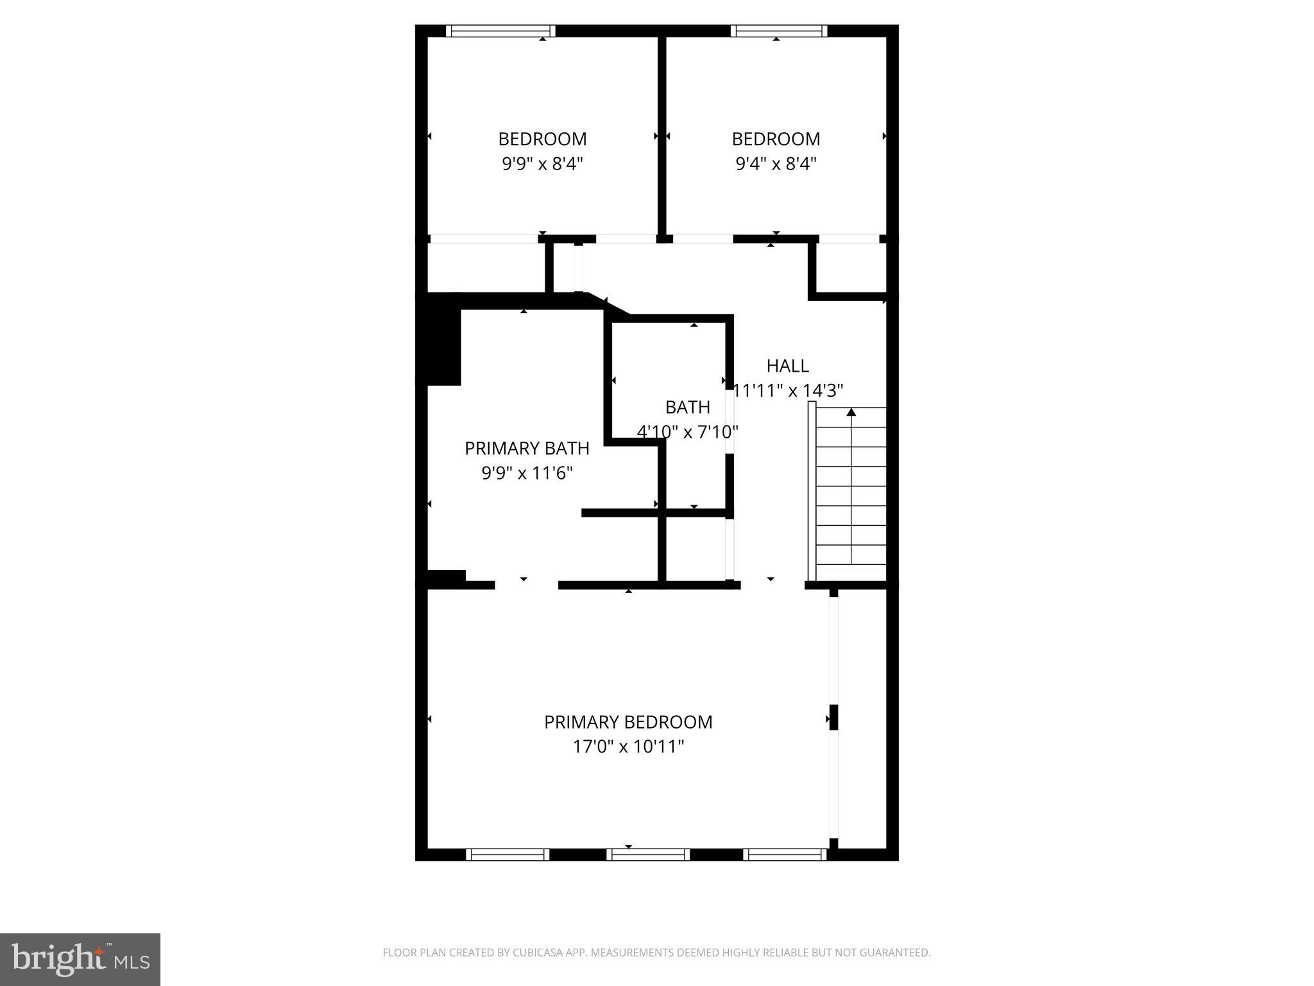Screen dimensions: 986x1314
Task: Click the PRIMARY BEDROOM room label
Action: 628,722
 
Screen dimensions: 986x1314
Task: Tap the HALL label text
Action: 787,366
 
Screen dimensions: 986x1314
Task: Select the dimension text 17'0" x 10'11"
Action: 628,747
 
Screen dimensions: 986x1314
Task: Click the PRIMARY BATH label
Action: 527,448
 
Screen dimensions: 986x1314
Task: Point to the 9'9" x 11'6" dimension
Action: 527,473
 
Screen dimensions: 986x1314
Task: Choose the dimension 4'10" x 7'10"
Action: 687,432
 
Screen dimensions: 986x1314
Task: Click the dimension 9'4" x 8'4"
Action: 776,164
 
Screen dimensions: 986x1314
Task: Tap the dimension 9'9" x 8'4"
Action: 542,164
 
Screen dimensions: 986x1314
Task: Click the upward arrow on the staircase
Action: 851,413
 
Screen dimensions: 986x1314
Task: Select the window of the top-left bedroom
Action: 500,31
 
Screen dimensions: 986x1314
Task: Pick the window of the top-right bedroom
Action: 779,31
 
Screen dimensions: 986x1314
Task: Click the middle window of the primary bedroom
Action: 648,854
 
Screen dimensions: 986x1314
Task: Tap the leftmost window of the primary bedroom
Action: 508,854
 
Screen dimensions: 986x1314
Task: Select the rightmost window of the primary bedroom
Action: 785,854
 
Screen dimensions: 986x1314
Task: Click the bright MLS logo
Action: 80,960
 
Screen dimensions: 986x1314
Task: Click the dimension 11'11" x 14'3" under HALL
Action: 788,390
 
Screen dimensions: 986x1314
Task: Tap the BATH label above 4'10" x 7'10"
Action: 687,407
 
